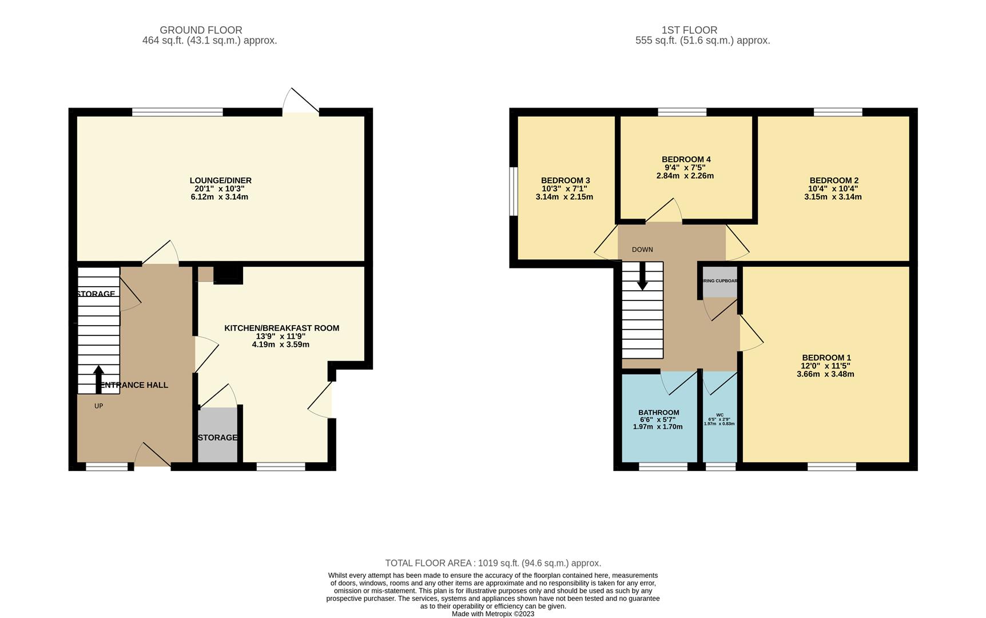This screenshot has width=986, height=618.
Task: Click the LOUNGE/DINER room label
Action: point(220,180)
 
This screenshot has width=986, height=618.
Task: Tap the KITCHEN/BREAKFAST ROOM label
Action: point(281,328)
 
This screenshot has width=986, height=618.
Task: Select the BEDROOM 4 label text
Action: point(686,159)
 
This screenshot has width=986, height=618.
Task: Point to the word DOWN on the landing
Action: point(642,249)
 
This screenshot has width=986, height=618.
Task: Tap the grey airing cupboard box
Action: point(719,282)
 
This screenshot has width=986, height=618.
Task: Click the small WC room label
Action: point(719,415)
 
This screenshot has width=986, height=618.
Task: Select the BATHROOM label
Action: point(658,412)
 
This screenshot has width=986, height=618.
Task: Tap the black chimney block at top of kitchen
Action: point(228,274)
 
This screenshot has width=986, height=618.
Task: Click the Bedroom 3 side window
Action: point(514,191)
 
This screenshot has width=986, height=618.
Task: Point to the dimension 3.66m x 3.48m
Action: point(825,374)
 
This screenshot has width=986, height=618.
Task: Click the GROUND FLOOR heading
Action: point(201,30)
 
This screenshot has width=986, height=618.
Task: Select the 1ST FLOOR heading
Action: point(689,30)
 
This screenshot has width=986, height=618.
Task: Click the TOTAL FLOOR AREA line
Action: point(493,563)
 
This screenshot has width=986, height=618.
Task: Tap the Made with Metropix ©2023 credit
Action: point(493,614)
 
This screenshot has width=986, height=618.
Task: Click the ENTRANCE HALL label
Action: point(134,385)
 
